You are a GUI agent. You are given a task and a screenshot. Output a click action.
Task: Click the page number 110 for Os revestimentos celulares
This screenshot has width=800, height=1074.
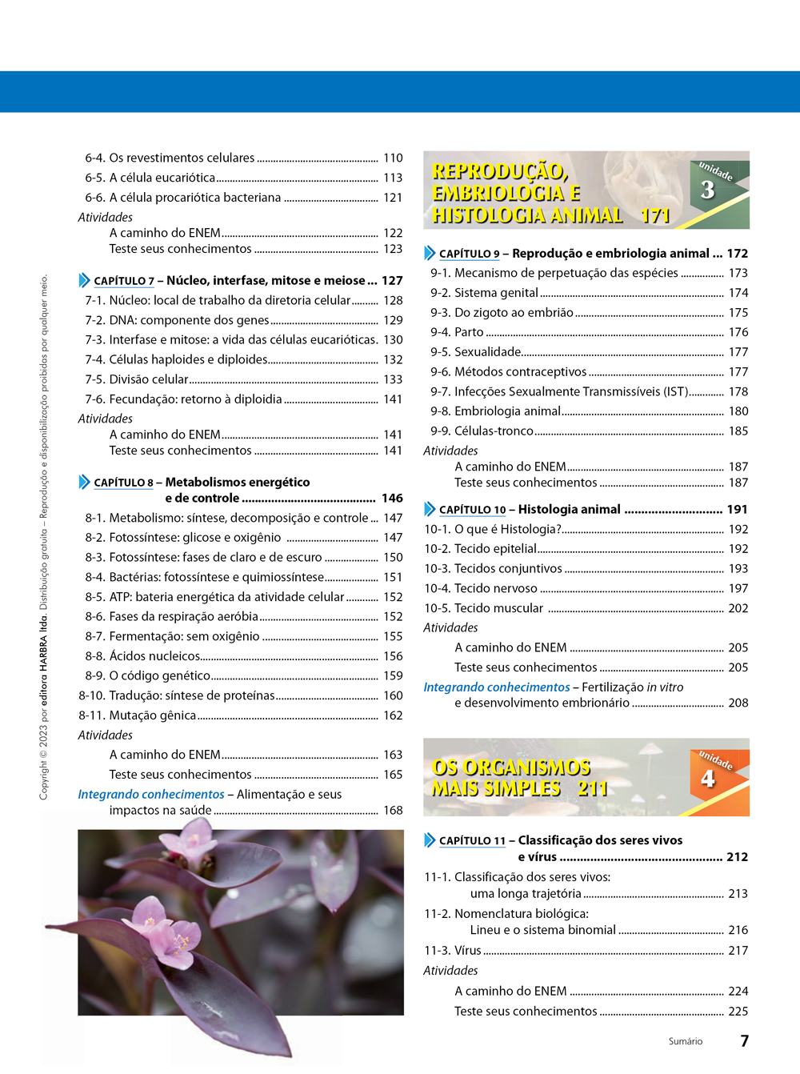pyautogui.click(x=393, y=158)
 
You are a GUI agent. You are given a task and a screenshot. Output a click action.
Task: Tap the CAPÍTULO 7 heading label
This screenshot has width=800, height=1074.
pyautogui.click(x=123, y=281)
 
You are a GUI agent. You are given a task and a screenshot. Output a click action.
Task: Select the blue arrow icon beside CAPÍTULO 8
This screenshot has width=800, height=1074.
pyautogui.click(x=85, y=482)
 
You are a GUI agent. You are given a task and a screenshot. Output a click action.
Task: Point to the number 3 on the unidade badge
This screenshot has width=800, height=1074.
pyautogui.click(x=707, y=190)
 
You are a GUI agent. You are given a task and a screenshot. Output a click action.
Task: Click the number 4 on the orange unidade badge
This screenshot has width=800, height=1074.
pyautogui.click(x=707, y=778)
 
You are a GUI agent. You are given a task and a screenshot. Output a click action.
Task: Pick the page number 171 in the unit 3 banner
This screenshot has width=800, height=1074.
pyautogui.click(x=655, y=215)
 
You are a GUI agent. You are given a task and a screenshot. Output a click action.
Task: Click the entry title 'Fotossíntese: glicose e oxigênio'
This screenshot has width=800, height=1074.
pyautogui.click(x=195, y=538)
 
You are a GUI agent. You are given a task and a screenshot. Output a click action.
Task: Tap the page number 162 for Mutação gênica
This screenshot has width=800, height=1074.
pyautogui.click(x=393, y=715)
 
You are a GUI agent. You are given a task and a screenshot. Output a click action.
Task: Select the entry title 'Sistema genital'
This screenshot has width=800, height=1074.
pyautogui.click(x=496, y=293)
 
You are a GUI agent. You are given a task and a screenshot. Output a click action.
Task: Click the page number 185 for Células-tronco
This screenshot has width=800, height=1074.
pyautogui.click(x=738, y=431)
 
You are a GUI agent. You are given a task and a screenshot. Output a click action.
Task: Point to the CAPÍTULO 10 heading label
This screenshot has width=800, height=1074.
pyautogui.click(x=472, y=510)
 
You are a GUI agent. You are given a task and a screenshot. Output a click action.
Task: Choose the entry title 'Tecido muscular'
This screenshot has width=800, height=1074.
pyautogui.click(x=498, y=608)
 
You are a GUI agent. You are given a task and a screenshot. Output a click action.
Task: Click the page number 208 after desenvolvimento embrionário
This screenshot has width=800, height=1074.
pyautogui.click(x=738, y=703)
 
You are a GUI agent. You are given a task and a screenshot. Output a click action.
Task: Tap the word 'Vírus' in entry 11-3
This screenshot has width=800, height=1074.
pyautogui.click(x=468, y=951)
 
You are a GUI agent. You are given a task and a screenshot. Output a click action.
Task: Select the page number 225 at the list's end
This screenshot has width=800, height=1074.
pyautogui.click(x=738, y=1012)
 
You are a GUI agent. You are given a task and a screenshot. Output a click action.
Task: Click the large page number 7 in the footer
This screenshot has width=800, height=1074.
pyautogui.click(x=744, y=1040)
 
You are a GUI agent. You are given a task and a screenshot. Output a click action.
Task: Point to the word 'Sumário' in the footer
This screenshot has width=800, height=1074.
pyautogui.click(x=686, y=1041)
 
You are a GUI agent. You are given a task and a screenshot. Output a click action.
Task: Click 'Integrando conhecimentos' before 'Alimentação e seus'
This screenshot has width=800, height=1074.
pyautogui.click(x=151, y=795)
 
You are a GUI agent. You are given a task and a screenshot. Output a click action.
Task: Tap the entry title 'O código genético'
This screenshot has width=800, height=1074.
pyautogui.click(x=160, y=676)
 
